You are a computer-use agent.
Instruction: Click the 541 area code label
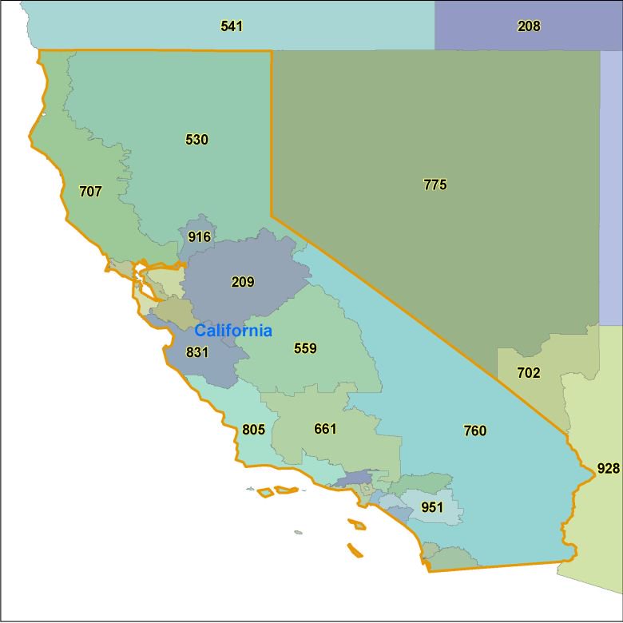coord(232,26)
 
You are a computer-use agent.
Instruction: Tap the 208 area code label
coord(529,26)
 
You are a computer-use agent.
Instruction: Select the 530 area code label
coord(196,140)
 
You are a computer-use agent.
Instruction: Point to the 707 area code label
coord(90,192)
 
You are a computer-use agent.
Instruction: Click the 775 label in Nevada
coord(435,185)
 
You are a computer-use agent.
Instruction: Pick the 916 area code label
coord(200,237)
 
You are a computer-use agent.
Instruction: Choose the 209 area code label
coord(243,282)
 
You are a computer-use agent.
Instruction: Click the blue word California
coord(233,331)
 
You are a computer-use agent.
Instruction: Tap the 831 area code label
coord(197,352)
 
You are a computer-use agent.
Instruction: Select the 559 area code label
coord(305,348)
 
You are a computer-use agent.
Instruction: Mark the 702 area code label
coord(529,373)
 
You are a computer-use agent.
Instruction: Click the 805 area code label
coord(253,430)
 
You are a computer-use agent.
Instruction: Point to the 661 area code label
coord(325,429)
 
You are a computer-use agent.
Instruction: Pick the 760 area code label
coord(474,431)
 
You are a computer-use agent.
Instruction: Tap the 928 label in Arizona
coord(608,468)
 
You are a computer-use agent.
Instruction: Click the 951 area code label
coord(432,507)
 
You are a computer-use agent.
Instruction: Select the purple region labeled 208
coord(559,36)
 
